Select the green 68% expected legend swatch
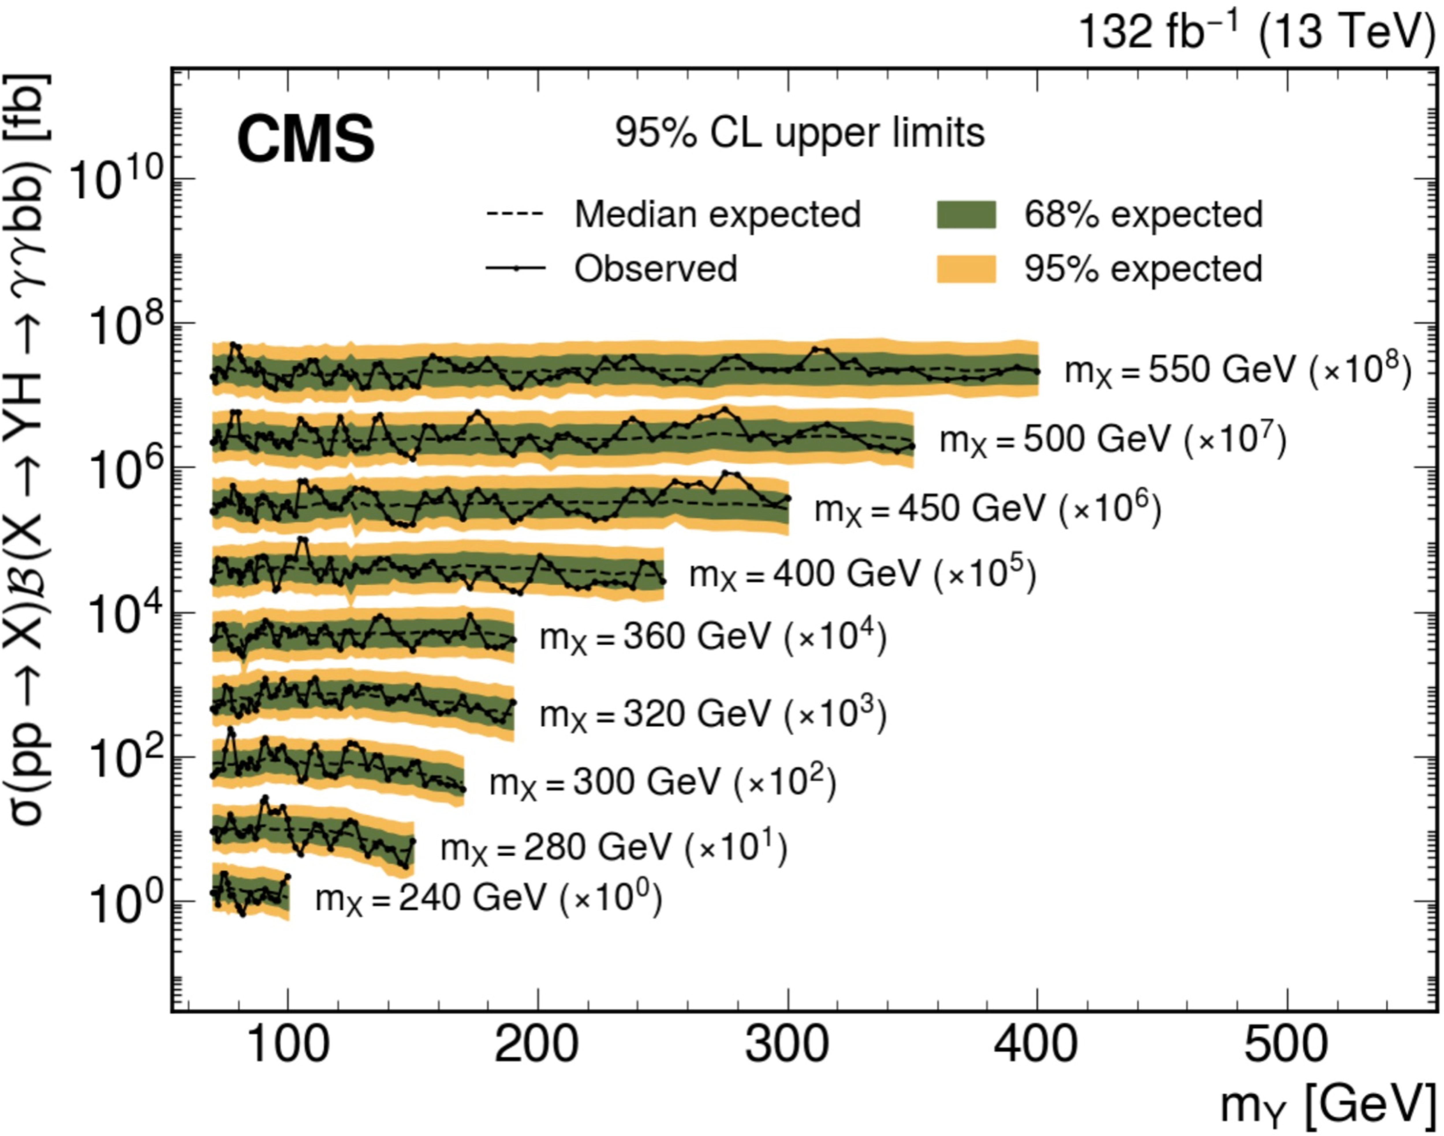point(966,214)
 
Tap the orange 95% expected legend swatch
point(966,269)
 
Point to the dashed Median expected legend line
point(516,214)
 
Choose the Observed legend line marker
point(516,269)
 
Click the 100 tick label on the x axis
point(287,1046)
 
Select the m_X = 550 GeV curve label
point(1237,370)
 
